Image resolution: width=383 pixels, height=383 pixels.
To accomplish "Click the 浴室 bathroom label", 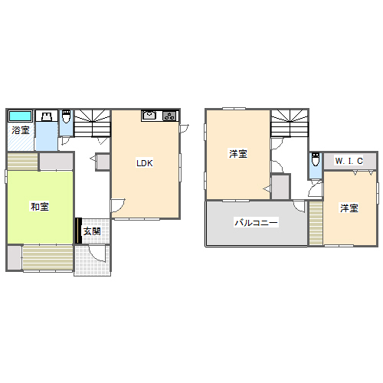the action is [21, 130].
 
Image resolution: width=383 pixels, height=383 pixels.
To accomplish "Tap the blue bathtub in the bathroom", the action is [20, 116].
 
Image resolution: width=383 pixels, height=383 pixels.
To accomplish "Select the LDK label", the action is [145, 163].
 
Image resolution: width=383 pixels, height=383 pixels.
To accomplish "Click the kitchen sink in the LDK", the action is [149, 115].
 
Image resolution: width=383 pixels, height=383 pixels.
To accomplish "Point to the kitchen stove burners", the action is [169, 116].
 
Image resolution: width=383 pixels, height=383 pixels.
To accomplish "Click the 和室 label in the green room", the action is [40, 207].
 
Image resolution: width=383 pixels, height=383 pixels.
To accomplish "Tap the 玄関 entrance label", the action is [92, 231].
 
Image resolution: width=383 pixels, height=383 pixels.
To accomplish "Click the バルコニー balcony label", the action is [256, 222].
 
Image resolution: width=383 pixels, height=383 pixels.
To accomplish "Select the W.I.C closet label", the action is [349, 161].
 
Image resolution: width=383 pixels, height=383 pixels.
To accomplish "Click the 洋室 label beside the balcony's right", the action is [349, 208].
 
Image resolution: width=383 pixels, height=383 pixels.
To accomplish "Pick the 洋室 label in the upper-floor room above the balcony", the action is [238, 154].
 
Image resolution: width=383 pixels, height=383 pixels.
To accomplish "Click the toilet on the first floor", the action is [66, 116].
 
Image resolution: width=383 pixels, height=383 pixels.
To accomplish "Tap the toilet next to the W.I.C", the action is [316, 159].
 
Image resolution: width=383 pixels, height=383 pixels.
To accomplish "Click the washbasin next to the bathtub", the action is [47, 116].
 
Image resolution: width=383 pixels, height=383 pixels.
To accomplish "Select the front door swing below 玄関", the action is [97, 254].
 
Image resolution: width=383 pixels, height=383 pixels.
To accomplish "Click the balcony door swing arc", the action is [299, 206].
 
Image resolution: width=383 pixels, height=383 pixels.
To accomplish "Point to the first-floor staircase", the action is [92, 123].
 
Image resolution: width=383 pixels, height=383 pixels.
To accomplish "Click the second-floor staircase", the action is [290, 123].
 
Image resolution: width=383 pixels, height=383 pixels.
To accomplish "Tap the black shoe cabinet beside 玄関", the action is [79, 231].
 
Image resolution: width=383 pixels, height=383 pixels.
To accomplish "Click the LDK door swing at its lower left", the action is [117, 205].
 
